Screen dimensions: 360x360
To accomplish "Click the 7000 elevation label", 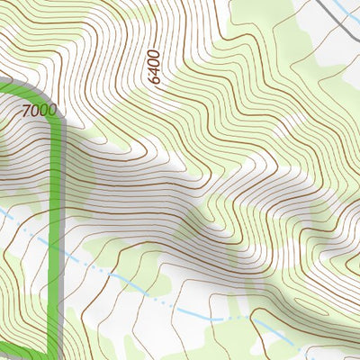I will [37, 111].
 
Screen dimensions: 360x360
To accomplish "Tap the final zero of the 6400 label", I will [153, 52].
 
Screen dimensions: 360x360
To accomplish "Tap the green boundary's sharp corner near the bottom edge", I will [56, 354].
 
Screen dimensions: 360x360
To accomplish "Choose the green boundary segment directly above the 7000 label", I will [27, 90].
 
